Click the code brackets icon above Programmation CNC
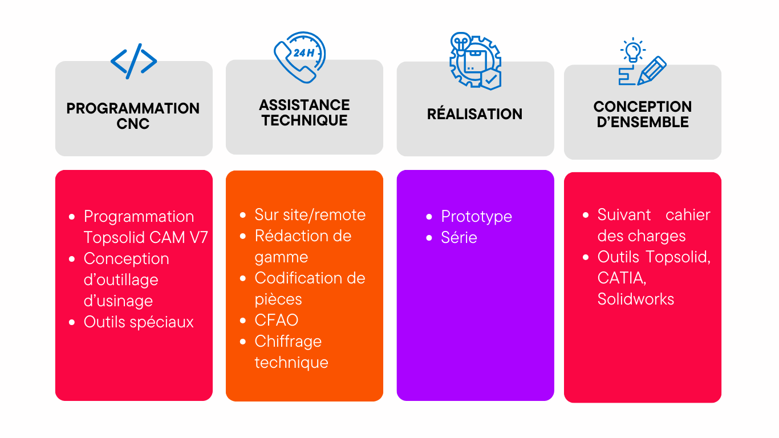(x=134, y=61)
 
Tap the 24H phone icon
(x=300, y=58)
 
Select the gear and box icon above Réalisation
(x=476, y=61)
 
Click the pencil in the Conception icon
(x=652, y=71)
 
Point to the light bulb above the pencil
(x=633, y=50)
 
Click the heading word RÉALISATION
(x=474, y=113)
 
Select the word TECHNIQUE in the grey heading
(x=305, y=120)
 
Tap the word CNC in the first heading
(x=133, y=124)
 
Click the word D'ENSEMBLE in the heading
(x=643, y=122)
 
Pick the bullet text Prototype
(x=476, y=217)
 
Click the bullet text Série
(x=459, y=238)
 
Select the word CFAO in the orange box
(x=277, y=320)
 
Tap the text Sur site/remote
(x=310, y=214)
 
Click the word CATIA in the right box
(x=622, y=278)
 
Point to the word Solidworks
(x=636, y=299)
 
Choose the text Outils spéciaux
(x=139, y=322)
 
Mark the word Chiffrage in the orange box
(x=288, y=341)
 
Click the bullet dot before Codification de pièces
(x=243, y=278)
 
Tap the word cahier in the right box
(x=688, y=214)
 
